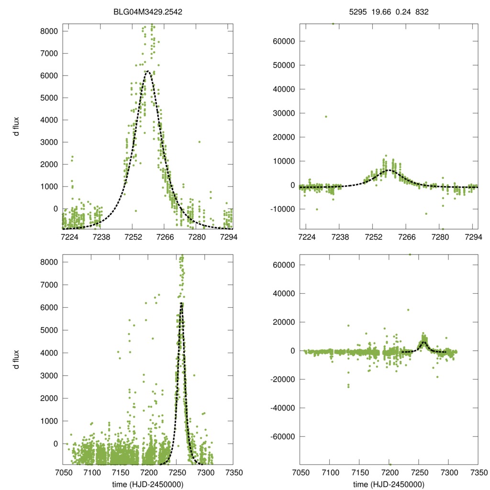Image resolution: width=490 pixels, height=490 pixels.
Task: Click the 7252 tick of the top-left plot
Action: point(133,236)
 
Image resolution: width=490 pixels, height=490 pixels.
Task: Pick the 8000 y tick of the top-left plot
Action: point(49,31)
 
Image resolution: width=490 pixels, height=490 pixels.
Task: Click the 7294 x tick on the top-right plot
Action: point(472,236)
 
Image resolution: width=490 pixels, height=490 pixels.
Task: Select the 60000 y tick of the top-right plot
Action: point(284,41)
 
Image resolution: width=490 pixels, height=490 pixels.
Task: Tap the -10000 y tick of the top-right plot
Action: point(282,209)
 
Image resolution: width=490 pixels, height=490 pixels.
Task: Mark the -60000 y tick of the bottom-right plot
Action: point(282,437)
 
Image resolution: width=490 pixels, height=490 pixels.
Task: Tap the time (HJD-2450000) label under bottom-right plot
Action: point(389,484)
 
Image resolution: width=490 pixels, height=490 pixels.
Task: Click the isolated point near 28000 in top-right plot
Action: point(326,116)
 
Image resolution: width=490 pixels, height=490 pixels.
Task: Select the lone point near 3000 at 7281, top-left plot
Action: point(200,142)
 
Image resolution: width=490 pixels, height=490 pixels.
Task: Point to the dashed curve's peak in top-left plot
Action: point(148,72)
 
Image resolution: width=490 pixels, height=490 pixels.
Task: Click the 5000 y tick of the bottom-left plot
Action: point(49,330)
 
